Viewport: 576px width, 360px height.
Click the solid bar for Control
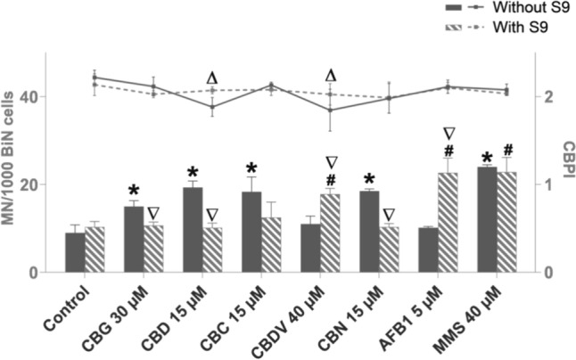tap(76, 252)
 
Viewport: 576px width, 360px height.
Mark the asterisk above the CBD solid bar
tap(193, 172)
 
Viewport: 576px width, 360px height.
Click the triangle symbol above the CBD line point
tap(212, 78)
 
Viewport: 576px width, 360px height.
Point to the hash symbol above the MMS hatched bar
tap(508, 150)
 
